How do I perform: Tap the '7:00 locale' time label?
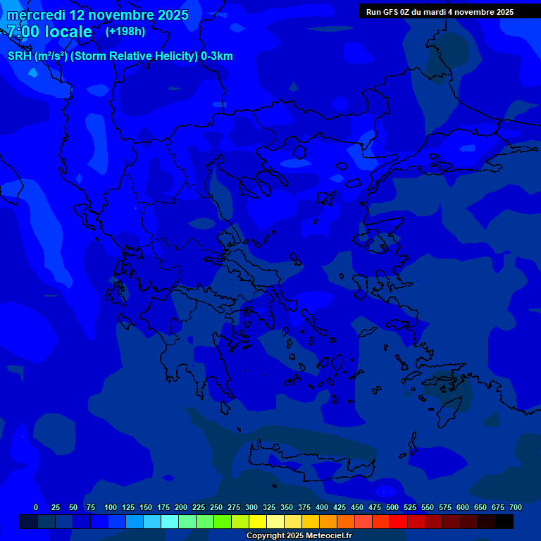click(49, 32)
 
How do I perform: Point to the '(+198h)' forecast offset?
click(125, 32)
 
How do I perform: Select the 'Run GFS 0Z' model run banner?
click(440, 12)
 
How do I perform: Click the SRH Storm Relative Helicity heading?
click(120, 56)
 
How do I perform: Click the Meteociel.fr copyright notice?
click(299, 535)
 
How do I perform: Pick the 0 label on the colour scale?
click(36, 507)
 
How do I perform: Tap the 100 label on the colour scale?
click(111, 507)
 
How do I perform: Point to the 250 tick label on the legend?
click(216, 507)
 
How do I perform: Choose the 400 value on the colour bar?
click(322, 507)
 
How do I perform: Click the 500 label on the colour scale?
click(392, 507)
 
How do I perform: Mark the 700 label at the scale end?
click(516, 507)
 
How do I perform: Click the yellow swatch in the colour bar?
click(258, 521)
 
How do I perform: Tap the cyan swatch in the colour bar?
click(170, 521)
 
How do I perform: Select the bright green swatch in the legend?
click(223, 521)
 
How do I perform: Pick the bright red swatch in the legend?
click(399, 521)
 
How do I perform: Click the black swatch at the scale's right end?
click(504, 521)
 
